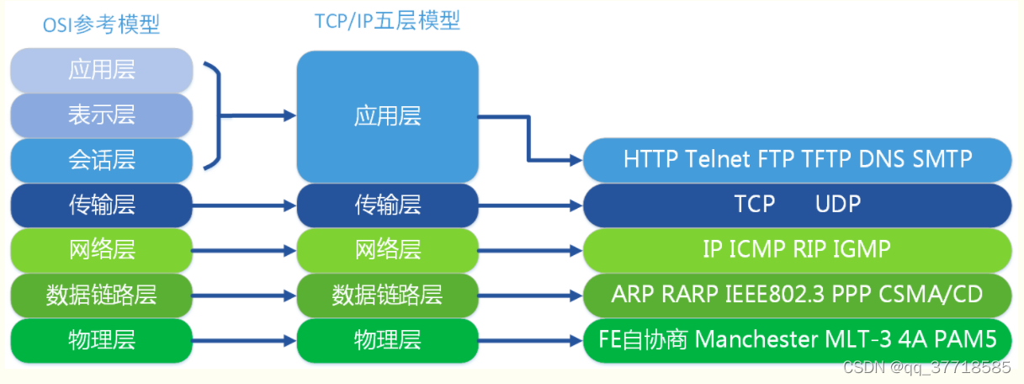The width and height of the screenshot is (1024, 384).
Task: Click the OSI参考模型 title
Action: click(101, 25)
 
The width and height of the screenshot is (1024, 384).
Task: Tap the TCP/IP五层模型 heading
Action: click(387, 21)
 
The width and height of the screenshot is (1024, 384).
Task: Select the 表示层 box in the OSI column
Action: click(102, 115)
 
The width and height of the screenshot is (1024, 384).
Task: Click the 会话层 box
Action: click(102, 159)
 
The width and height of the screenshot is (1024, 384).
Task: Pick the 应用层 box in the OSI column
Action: click(102, 70)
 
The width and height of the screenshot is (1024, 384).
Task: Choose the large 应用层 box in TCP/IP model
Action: click(387, 116)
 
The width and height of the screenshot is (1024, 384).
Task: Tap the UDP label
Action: click(838, 204)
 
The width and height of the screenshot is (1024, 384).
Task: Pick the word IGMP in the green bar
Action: click(860, 249)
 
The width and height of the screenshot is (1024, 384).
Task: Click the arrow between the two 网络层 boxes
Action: click(244, 250)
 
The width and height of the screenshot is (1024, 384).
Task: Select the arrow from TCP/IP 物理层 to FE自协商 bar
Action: click(530, 341)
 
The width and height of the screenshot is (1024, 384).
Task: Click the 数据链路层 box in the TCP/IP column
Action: click(387, 295)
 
